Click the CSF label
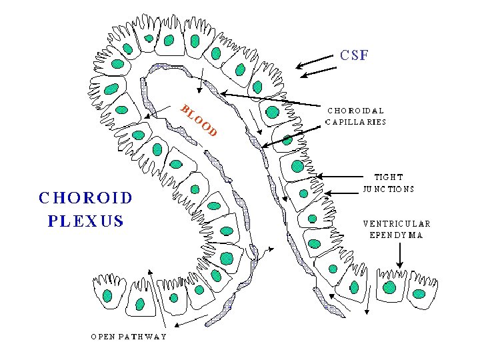(x=353, y=55)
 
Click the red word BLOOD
(x=199, y=121)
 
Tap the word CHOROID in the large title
(x=86, y=197)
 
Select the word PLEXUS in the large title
(x=86, y=221)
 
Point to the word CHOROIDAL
(x=355, y=111)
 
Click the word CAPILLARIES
(x=355, y=122)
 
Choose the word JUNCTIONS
(x=389, y=189)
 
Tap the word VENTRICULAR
(x=397, y=223)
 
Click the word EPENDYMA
(x=396, y=235)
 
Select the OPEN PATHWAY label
(x=129, y=336)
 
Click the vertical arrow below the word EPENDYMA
(x=399, y=255)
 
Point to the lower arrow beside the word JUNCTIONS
(x=341, y=193)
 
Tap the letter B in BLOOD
(x=185, y=109)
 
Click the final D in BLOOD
(x=213, y=132)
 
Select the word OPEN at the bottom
(x=105, y=336)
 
